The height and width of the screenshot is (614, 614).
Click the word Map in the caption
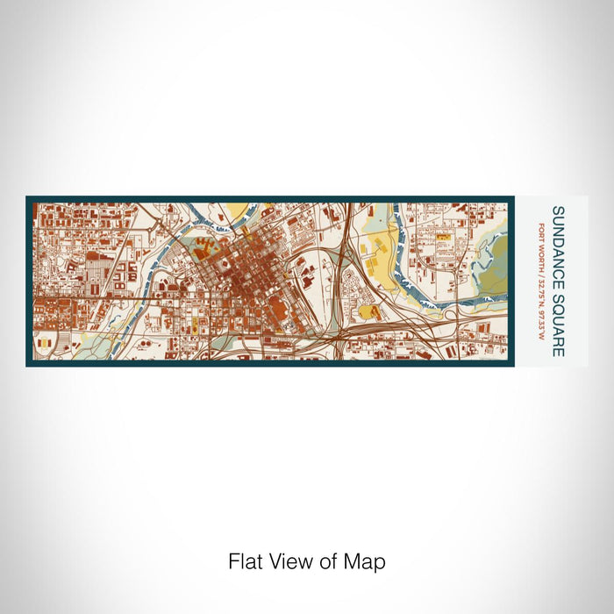pos(368,561)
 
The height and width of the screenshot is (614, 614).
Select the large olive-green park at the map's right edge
pos(496,263)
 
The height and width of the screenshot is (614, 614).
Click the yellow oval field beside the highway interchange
pos(365,311)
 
